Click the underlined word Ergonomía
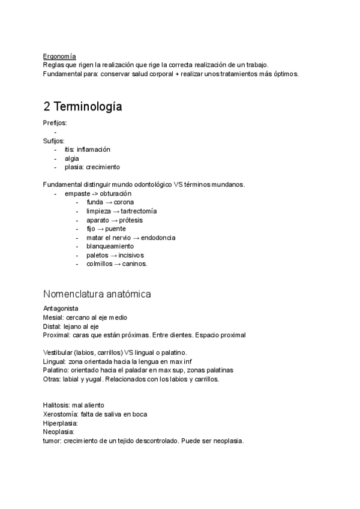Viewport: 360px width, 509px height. (59, 56)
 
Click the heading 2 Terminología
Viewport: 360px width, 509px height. (83, 107)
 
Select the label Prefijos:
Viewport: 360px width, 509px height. (55, 123)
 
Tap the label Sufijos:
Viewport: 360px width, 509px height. (53, 140)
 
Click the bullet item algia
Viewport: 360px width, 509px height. (71, 158)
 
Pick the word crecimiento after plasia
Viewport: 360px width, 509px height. (103, 167)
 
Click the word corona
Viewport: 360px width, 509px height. (124, 202)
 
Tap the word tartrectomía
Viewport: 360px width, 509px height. (139, 211)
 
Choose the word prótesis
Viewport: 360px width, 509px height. (130, 220)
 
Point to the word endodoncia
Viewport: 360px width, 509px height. (154, 238)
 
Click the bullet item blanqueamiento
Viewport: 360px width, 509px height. (110, 246)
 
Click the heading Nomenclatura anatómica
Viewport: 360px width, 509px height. (97, 294)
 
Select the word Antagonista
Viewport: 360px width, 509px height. (61, 309)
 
